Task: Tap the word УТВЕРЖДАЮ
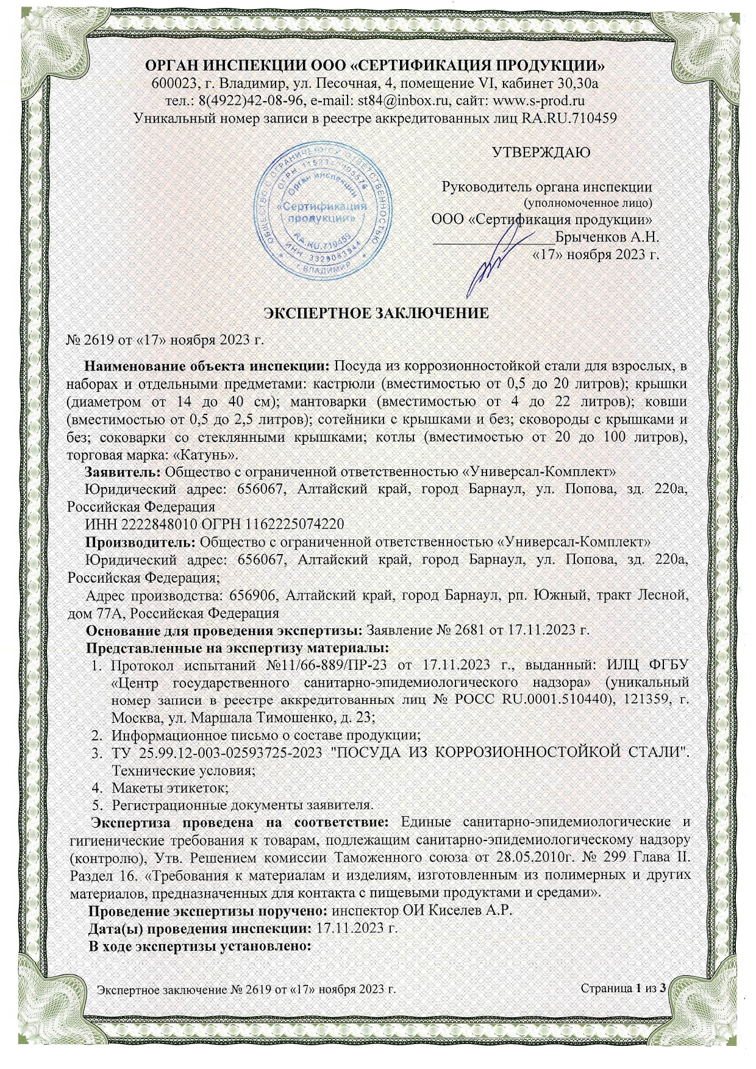point(541,152)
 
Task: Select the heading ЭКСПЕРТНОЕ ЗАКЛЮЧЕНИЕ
point(376,313)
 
